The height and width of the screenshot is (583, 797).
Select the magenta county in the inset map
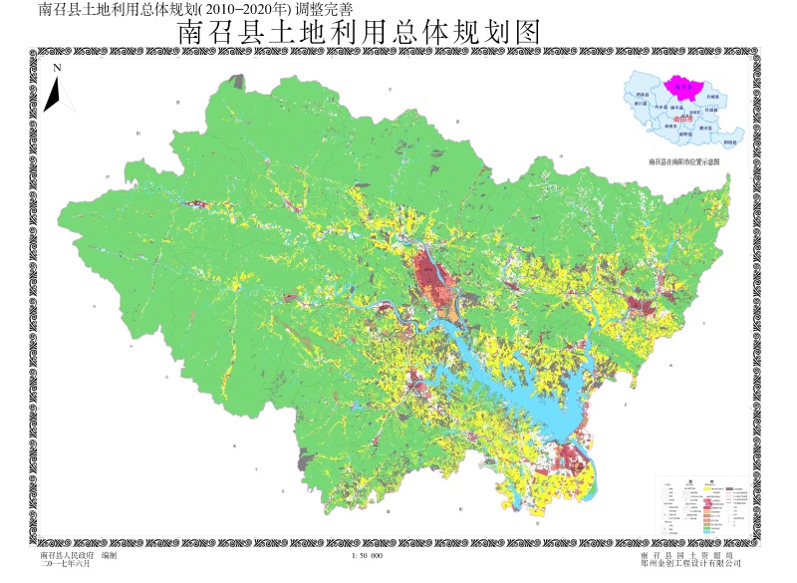(683, 88)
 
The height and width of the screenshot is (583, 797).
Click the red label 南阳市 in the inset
(683, 120)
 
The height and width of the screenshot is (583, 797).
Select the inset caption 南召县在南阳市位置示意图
(687, 162)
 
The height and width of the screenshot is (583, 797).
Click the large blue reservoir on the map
(518, 389)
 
